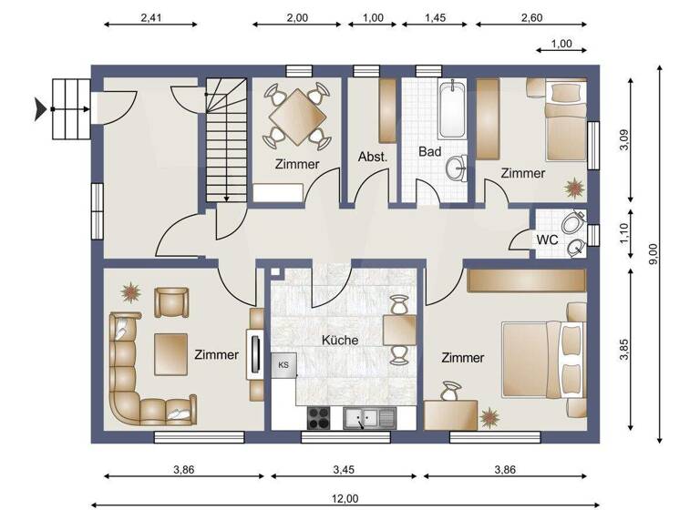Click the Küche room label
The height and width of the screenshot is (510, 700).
pyautogui.click(x=340, y=340)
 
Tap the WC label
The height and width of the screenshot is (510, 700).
pyautogui.click(x=547, y=240)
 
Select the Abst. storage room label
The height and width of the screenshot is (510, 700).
pyautogui.click(x=373, y=156)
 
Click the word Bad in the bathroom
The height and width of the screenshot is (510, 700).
pyautogui.click(x=430, y=151)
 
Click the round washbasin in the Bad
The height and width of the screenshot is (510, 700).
pyautogui.click(x=455, y=167)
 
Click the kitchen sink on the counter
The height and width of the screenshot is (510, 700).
pyautogui.click(x=369, y=418)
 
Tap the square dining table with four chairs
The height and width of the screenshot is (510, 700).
pyautogui.click(x=296, y=116)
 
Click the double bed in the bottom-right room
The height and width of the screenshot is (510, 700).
pyautogui.click(x=543, y=358)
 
